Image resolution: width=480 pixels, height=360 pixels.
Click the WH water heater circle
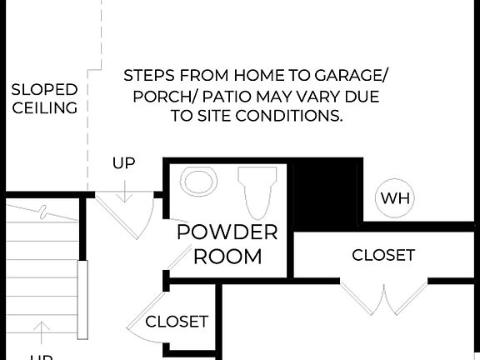tap(395, 198)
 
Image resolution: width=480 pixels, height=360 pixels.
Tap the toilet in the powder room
tap(257, 191)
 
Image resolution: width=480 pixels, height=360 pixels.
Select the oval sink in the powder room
tap(199, 181)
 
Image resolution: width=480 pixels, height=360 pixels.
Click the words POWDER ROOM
tap(227, 243)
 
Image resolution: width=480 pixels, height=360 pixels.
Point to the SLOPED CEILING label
tap(44, 98)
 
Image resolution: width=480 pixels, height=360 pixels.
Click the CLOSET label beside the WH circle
tap(383, 255)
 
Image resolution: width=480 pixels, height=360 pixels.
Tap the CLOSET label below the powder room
tap(177, 321)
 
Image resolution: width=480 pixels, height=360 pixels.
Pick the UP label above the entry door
tap(123, 163)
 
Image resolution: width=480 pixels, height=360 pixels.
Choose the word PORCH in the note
tap(162, 97)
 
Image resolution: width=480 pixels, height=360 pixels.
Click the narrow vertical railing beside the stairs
tap(82, 300)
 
